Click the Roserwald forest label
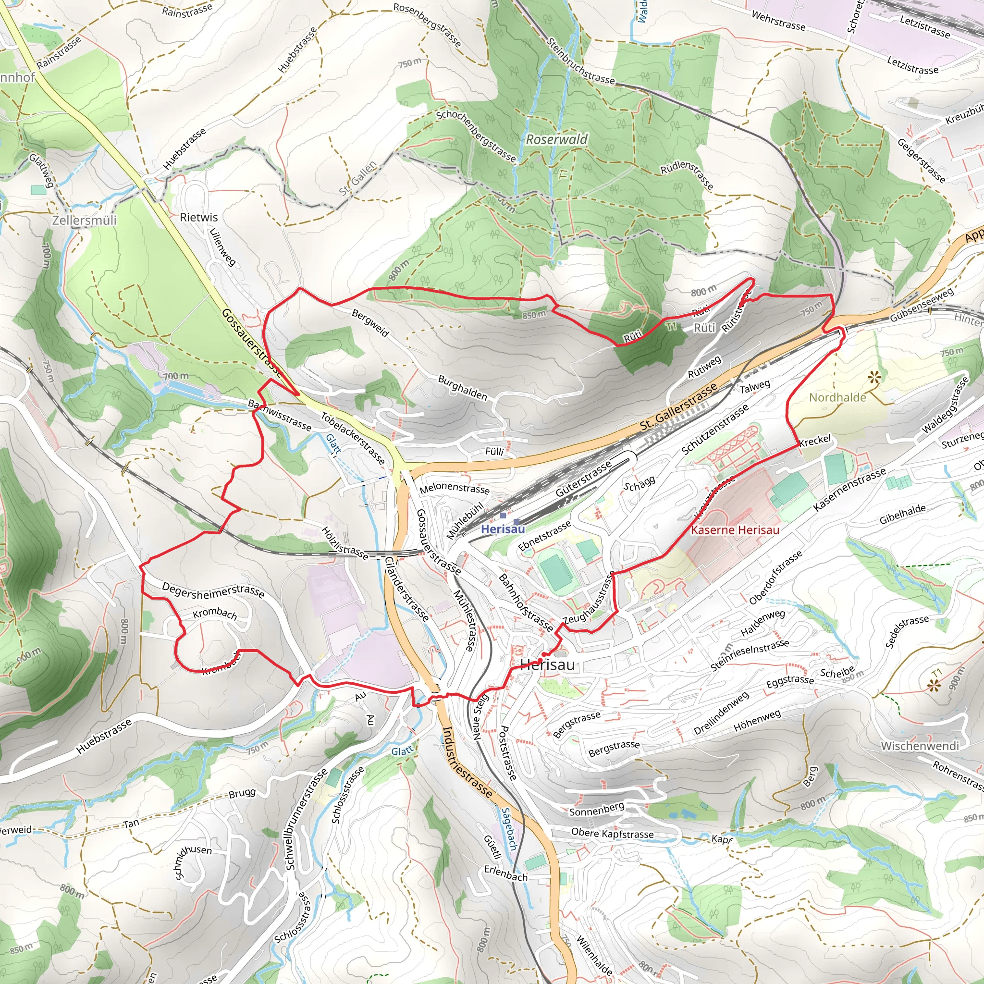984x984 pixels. tap(556, 139)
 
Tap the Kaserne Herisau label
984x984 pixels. tap(735, 529)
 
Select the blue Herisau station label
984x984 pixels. tap(503, 529)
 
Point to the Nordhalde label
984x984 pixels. tap(837, 397)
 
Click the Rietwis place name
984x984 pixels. tap(198, 217)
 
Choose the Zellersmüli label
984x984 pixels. tap(84, 220)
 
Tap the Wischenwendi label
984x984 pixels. tap(919, 746)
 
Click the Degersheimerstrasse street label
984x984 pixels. tap(213, 590)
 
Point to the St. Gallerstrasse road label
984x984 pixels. tap(678, 406)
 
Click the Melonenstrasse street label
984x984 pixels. tap(455, 488)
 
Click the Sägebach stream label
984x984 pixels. tap(509, 829)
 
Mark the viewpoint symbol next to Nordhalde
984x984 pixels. tap(874, 377)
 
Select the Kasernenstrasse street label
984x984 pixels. tap(849, 490)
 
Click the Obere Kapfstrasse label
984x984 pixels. tap(612, 833)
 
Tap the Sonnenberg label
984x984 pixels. tap(596, 809)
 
